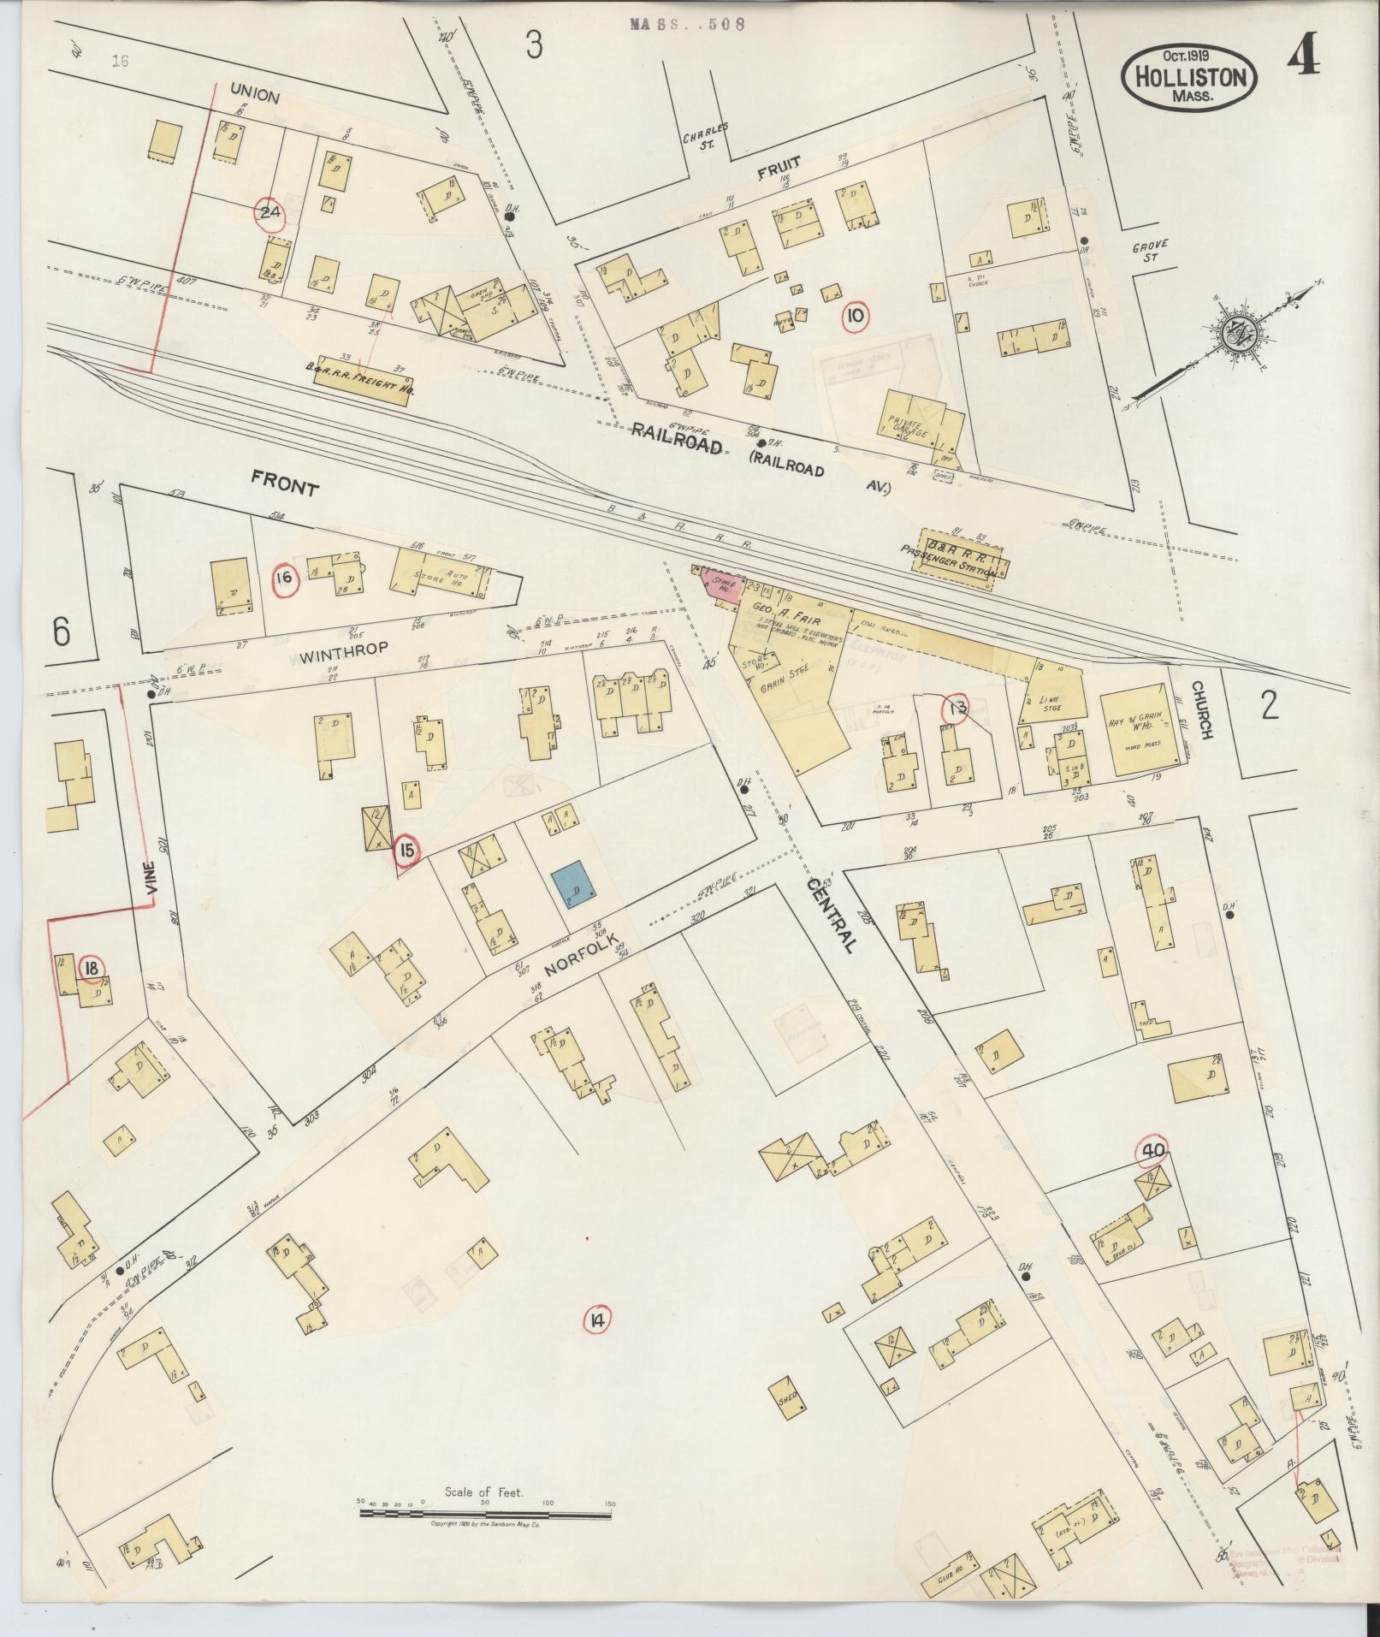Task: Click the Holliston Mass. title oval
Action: point(1190,77)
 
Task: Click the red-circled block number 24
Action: point(271,214)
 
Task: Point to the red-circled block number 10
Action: point(855,317)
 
